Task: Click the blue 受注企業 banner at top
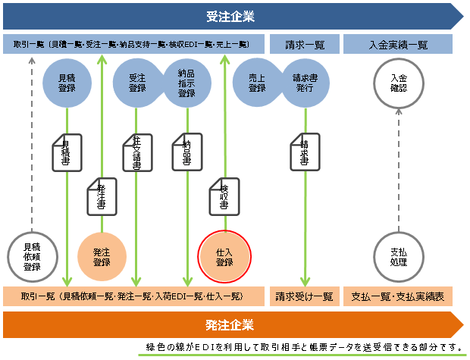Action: (x=230, y=16)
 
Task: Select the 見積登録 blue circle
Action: (x=68, y=83)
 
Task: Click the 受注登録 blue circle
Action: (x=137, y=83)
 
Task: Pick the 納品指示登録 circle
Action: (x=185, y=83)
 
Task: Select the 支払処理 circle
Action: (x=399, y=256)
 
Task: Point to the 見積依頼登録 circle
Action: (x=32, y=256)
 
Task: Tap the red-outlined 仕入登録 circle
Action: (x=224, y=256)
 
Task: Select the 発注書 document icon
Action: (x=101, y=195)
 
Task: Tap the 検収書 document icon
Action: (x=224, y=195)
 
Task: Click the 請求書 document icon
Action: (x=304, y=152)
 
